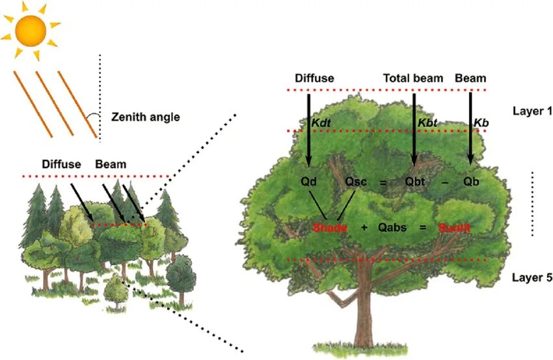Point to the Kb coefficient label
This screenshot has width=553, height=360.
[481, 122]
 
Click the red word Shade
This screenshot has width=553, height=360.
[329, 228]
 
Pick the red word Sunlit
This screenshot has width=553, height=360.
[453, 228]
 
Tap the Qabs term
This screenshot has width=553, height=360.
[392, 228]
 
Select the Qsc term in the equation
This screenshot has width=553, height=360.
[357, 182]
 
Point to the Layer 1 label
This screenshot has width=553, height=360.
[532, 111]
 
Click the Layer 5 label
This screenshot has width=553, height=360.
[532, 277]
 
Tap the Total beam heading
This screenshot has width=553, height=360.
[413, 78]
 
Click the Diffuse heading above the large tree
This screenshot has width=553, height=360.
[314, 78]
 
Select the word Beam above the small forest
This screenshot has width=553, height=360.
[111, 164]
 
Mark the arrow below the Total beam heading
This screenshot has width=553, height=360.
[414, 130]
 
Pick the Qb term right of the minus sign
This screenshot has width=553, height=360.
[471, 182]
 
